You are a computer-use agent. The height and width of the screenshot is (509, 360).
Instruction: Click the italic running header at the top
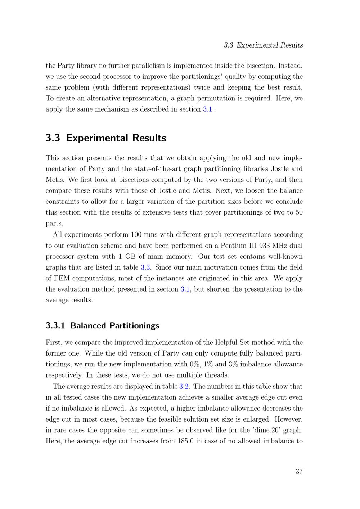coord(263,45)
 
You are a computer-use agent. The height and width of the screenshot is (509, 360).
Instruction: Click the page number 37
coord(299,472)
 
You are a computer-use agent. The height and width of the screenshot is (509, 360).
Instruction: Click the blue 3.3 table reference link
coord(145,267)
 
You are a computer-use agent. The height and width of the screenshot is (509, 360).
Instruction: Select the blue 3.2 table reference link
coord(184,387)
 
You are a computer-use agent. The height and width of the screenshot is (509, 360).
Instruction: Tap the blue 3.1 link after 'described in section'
coord(208,109)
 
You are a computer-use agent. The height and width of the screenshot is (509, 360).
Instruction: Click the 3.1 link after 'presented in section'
coord(185,289)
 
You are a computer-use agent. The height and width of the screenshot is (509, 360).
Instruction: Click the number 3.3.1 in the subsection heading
coord(55,326)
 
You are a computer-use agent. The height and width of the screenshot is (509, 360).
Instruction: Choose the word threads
coord(217,375)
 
